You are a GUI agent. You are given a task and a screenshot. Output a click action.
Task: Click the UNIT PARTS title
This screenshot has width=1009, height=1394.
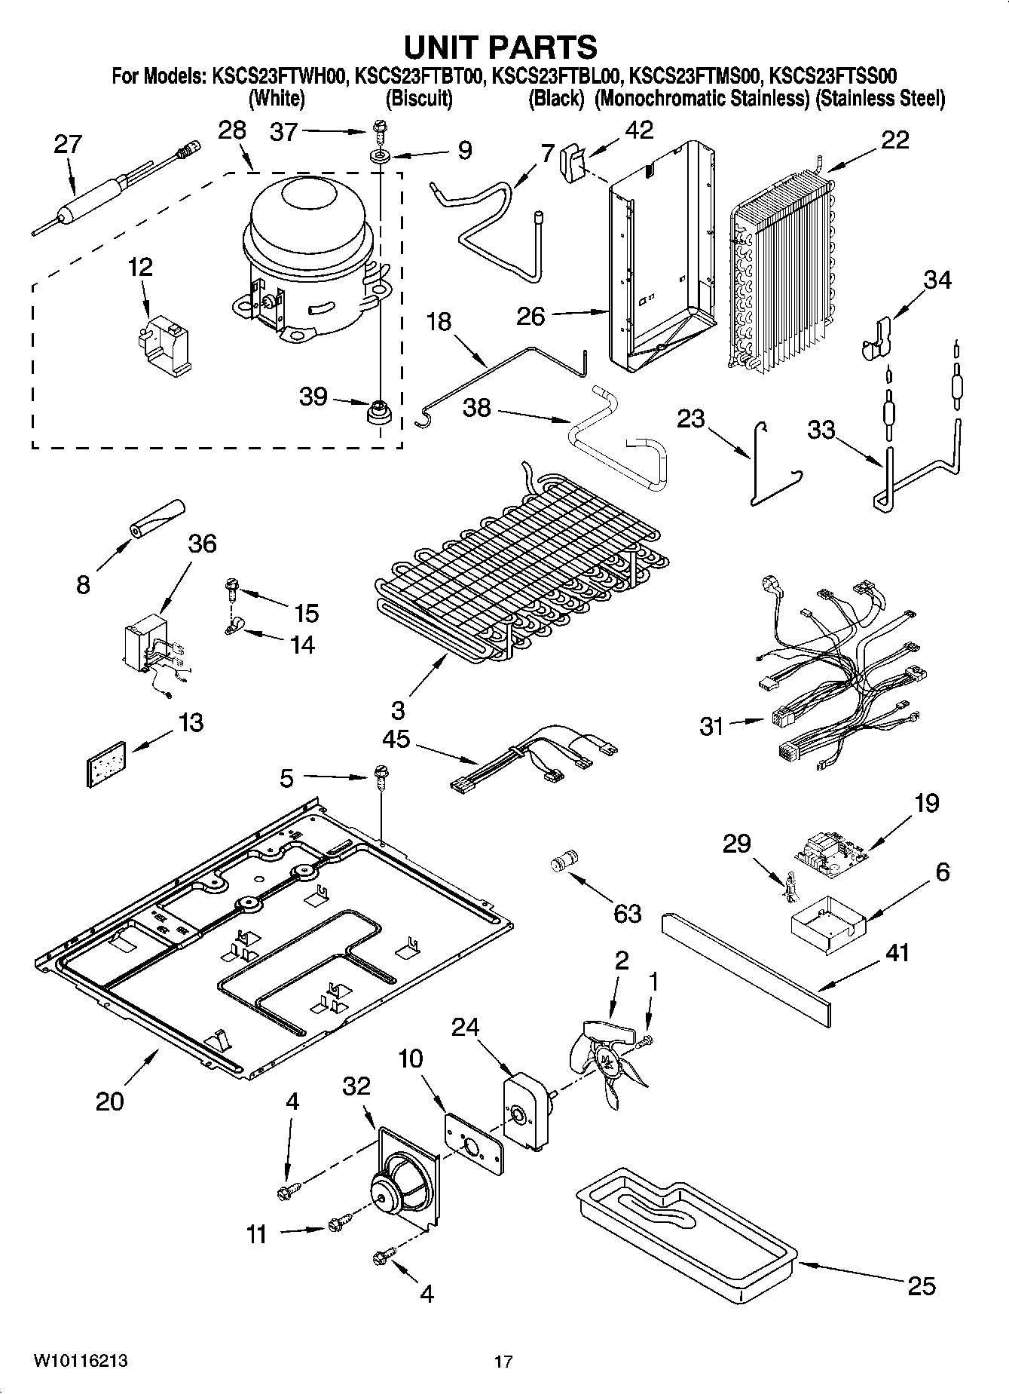tap(501, 47)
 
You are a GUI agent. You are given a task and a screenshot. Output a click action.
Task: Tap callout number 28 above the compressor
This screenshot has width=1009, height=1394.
tap(232, 130)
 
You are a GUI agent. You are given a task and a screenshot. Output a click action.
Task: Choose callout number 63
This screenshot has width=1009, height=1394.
tap(626, 913)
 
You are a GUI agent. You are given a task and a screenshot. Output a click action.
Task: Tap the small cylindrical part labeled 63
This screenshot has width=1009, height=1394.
tap(565, 859)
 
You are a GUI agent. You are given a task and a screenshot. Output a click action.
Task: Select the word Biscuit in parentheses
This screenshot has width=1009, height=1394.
tap(419, 99)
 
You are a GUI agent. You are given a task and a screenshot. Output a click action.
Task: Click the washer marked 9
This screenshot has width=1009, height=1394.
tap(378, 157)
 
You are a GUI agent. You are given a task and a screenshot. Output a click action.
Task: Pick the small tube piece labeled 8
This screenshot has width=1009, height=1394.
tap(157, 519)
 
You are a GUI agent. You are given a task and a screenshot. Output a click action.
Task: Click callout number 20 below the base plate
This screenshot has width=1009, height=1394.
tap(109, 1101)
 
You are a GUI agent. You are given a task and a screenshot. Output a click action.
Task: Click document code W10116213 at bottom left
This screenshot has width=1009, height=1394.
tap(80, 1361)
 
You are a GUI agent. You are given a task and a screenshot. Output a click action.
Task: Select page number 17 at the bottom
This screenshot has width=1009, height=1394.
tap(503, 1362)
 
